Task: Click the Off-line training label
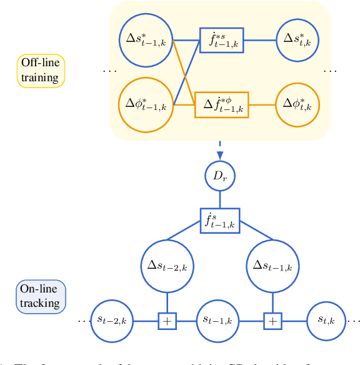click(x=41, y=70)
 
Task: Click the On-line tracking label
click(x=41, y=296)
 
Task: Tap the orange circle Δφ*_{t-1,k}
click(x=145, y=104)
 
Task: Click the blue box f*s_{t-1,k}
click(x=221, y=41)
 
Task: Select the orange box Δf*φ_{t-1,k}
click(x=222, y=104)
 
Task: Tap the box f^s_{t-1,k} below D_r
click(x=219, y=221)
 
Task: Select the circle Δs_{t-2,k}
click(x=167, y=266)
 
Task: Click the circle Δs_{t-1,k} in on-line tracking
click(x=272, y=266)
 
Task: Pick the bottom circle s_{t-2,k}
click(x=114, y=321)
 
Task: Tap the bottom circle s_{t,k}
click(x=325, y=321)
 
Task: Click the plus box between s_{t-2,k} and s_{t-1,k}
click(x=167, y=321)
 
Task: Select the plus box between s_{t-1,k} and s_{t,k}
click(x=272, y=321)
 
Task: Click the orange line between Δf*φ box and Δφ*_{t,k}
click(x=263, y=104)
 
